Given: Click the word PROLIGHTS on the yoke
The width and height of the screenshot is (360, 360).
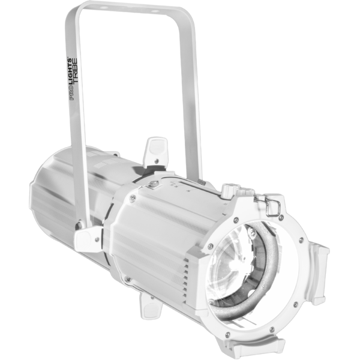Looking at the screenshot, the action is point(70,79).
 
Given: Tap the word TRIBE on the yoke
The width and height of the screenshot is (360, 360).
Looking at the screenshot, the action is point(76,71).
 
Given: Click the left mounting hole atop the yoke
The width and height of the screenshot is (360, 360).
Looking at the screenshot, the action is point(103,8).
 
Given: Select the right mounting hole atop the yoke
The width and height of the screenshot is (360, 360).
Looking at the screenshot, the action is point(155,11).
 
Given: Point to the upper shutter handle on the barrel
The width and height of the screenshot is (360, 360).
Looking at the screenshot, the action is point(155,152).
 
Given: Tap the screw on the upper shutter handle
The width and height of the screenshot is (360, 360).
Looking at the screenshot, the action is point(157,160).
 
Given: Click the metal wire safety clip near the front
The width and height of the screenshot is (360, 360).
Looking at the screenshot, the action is point(273,208).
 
